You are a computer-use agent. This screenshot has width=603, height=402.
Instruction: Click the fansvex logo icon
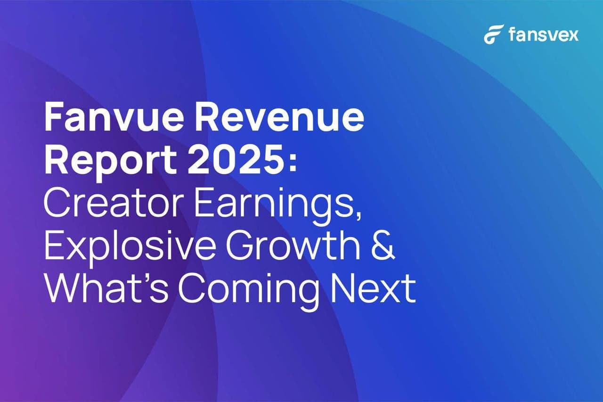494,34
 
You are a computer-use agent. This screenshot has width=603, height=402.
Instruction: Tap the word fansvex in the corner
543,34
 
